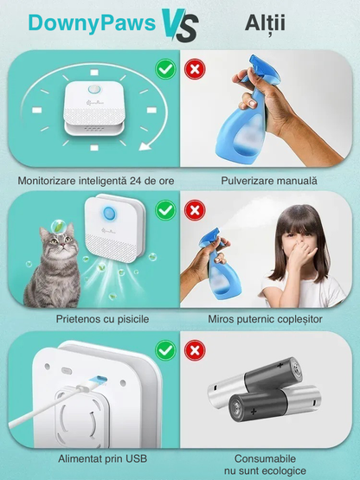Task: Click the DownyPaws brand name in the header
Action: pyautogui.click(x=92, y=24)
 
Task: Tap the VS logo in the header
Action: pyautogui.click(x=180, y=25)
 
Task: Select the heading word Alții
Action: pyautogui.click(x=265, y=23)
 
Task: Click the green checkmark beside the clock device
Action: pyautogui.click(x=165, y=69)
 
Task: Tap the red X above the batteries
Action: pyautogui.click(x=195, y=350)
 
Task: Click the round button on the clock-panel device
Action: pyautogui.click(x=93, y=89)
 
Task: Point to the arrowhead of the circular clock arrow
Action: pyautogui.click(x=145, y=145)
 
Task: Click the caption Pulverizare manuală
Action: pyautogui.click(x=269, y=181)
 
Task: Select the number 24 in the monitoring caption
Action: pyautogui.click(x=135, y=181)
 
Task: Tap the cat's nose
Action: pyautogui.click(x=62, y=245)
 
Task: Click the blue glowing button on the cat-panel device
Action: pyautogui.click(x=108, y=214)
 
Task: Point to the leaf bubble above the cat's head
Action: pyautogui.click(x=57, y=227)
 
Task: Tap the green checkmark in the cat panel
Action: pyautogui.click(x=165, y=210)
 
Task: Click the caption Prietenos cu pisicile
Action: pyautogui.click(x=102, y=319)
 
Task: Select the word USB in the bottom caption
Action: pyautogui.click(x=137, y=458)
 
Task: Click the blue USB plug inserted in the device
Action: pyautogui.click(x=98, y=381)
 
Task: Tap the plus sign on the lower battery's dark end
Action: pyautogui.click(x=254, y=412)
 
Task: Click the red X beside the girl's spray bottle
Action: pyautogui.click(x=195, y=210)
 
